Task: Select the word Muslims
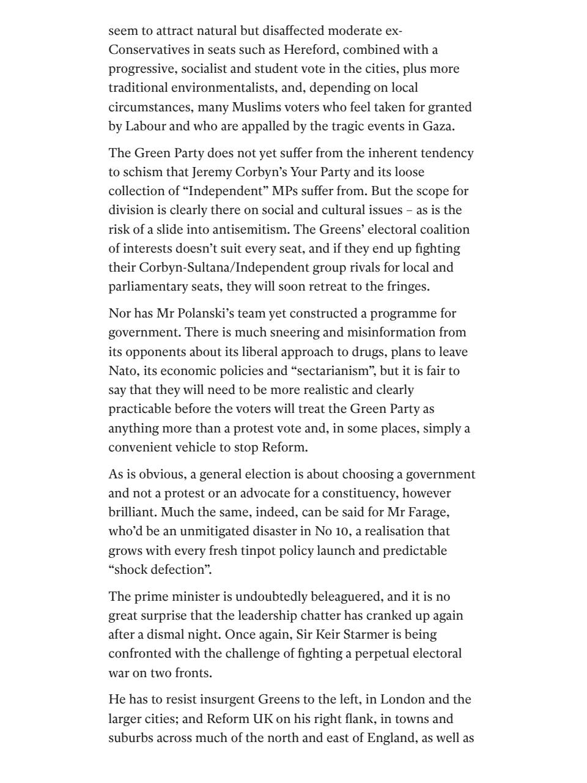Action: [x=255, y=107]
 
